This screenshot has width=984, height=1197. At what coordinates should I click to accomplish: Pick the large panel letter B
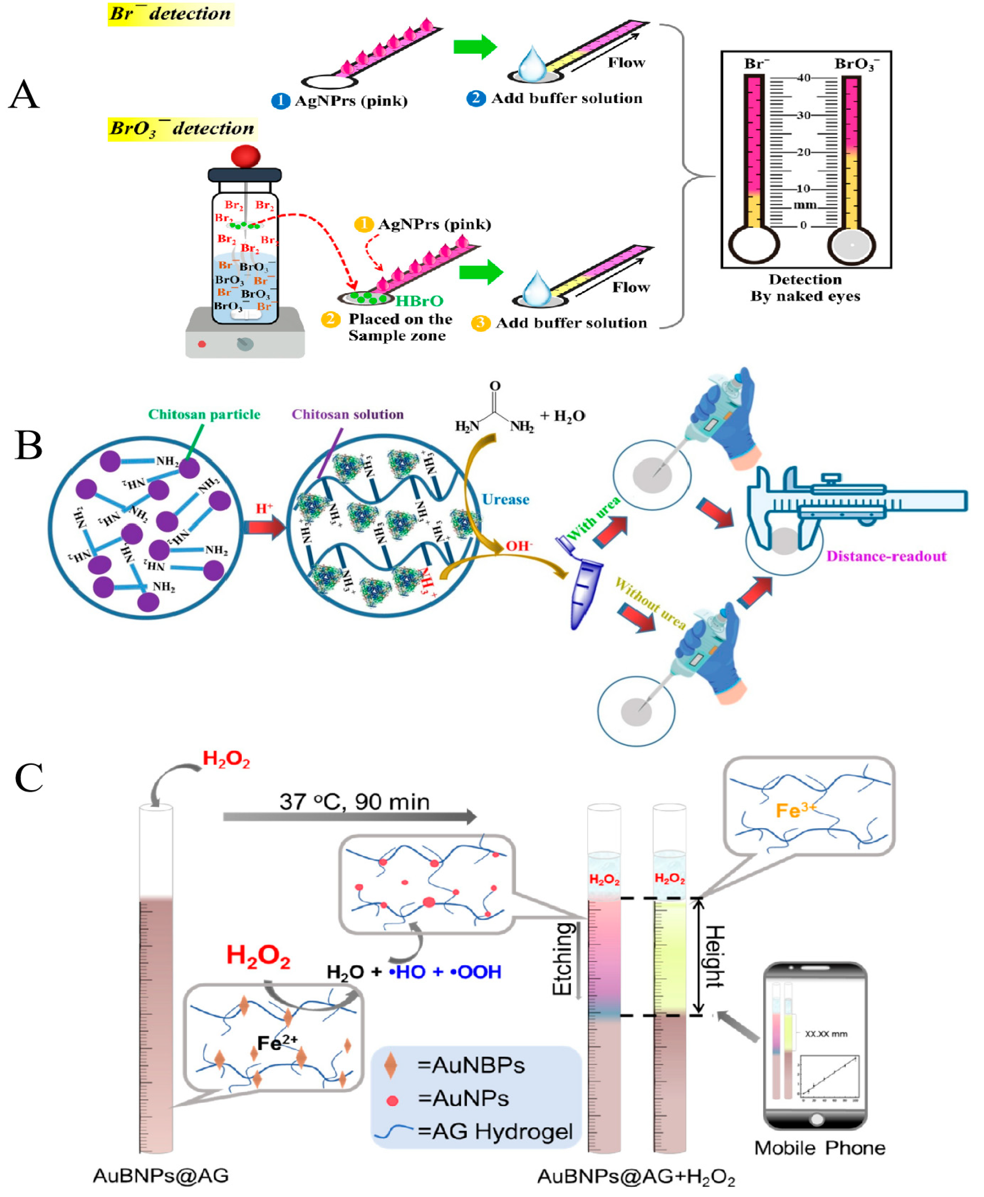pyautogui.click(x=28, y=445)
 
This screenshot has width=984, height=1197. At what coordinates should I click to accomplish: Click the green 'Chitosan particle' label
pyautogui.click(x=204, y=414)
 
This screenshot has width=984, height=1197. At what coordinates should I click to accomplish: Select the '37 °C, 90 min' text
pyautogui.click(x=354, y=801)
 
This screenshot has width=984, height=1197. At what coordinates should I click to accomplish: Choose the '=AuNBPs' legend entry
pyautogui.click(x=470, y=1065)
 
